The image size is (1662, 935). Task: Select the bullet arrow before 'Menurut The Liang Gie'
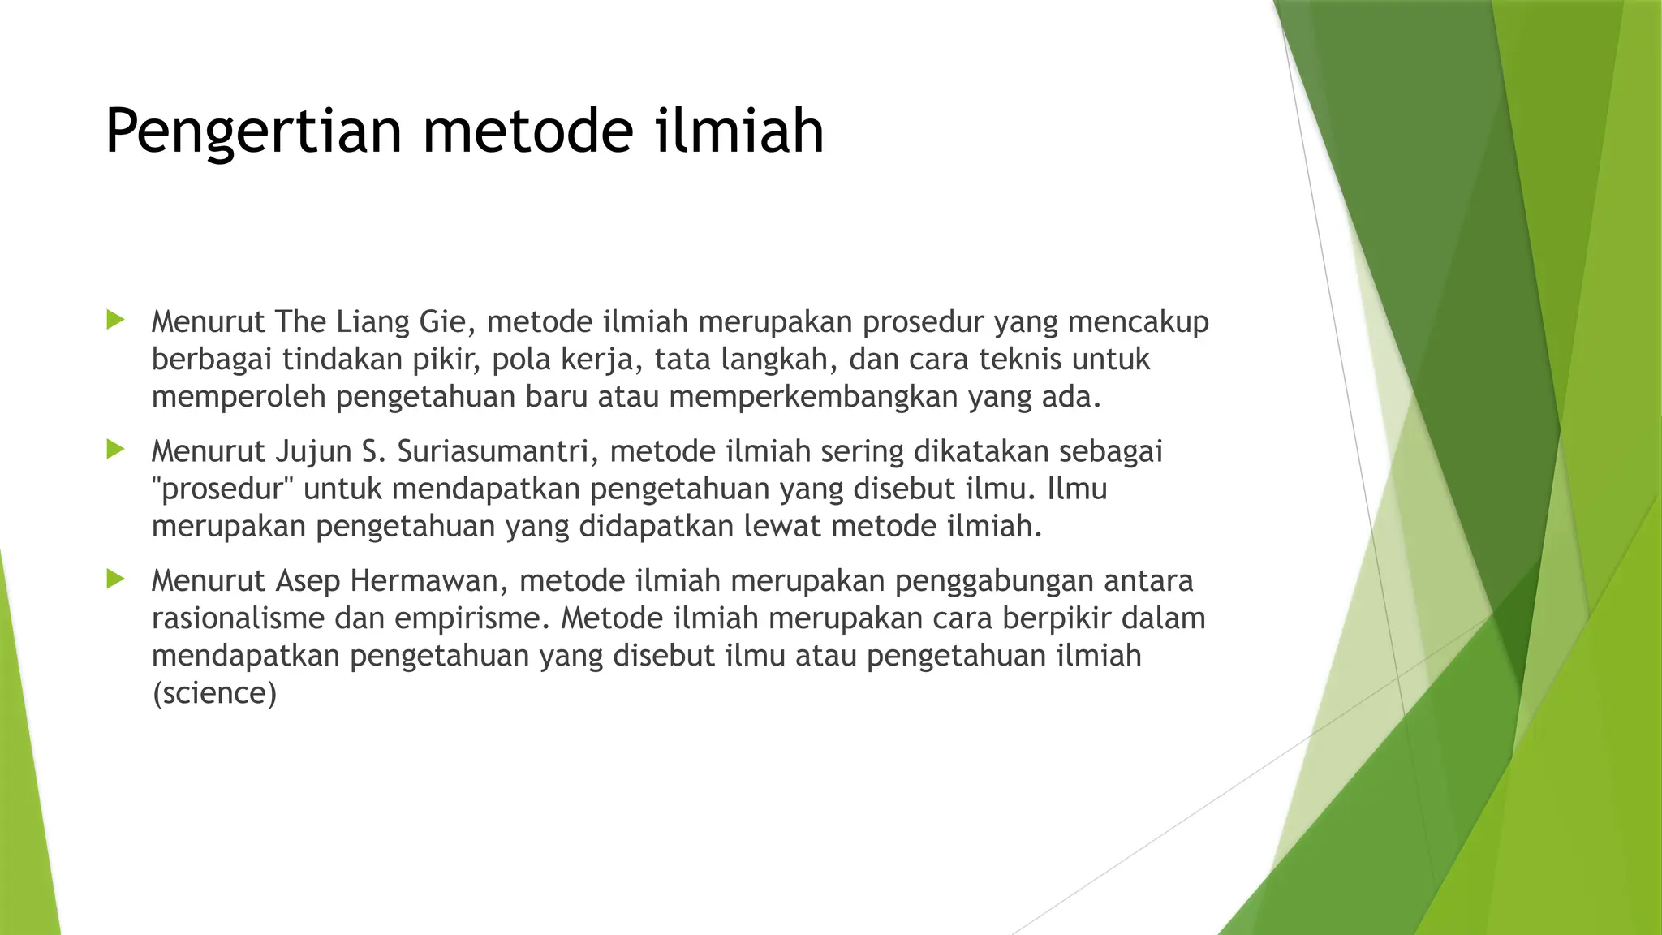115,320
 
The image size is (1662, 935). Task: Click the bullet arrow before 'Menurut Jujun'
115,449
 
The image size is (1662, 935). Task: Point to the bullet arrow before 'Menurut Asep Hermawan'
115,579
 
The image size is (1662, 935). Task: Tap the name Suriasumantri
497,451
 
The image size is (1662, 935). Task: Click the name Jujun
307,451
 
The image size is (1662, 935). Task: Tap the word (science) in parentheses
214,693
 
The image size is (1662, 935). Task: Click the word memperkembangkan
813,397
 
